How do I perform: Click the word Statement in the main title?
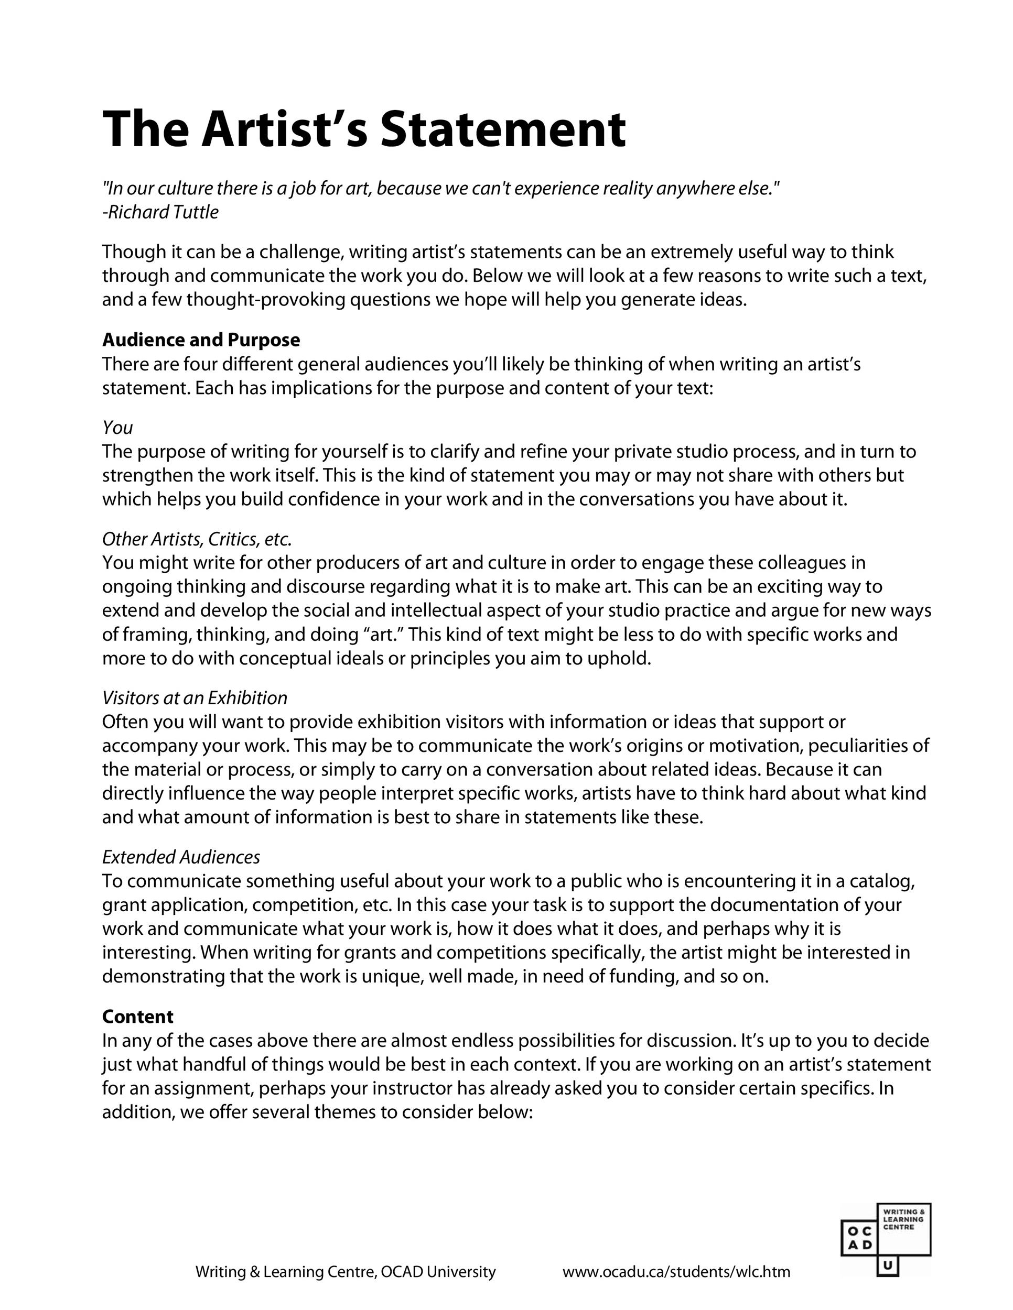click(x=503, y=129)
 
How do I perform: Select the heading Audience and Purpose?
click(x=201, y=340)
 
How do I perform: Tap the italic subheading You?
click(x=117, y=428)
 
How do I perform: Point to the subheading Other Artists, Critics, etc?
click(x=197, y=539)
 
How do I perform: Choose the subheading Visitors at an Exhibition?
click(x=195, y=697)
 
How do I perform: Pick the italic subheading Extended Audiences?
click(x=181, y=857)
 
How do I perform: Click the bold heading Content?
click(x=137, y=1016)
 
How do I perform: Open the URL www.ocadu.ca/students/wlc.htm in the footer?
click(x=676, y=1272)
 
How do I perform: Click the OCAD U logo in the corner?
click(x=885, y=1237)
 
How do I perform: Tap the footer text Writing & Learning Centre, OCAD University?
click(x=346, y=1272)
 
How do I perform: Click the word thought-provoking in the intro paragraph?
click(x=266, y=299)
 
